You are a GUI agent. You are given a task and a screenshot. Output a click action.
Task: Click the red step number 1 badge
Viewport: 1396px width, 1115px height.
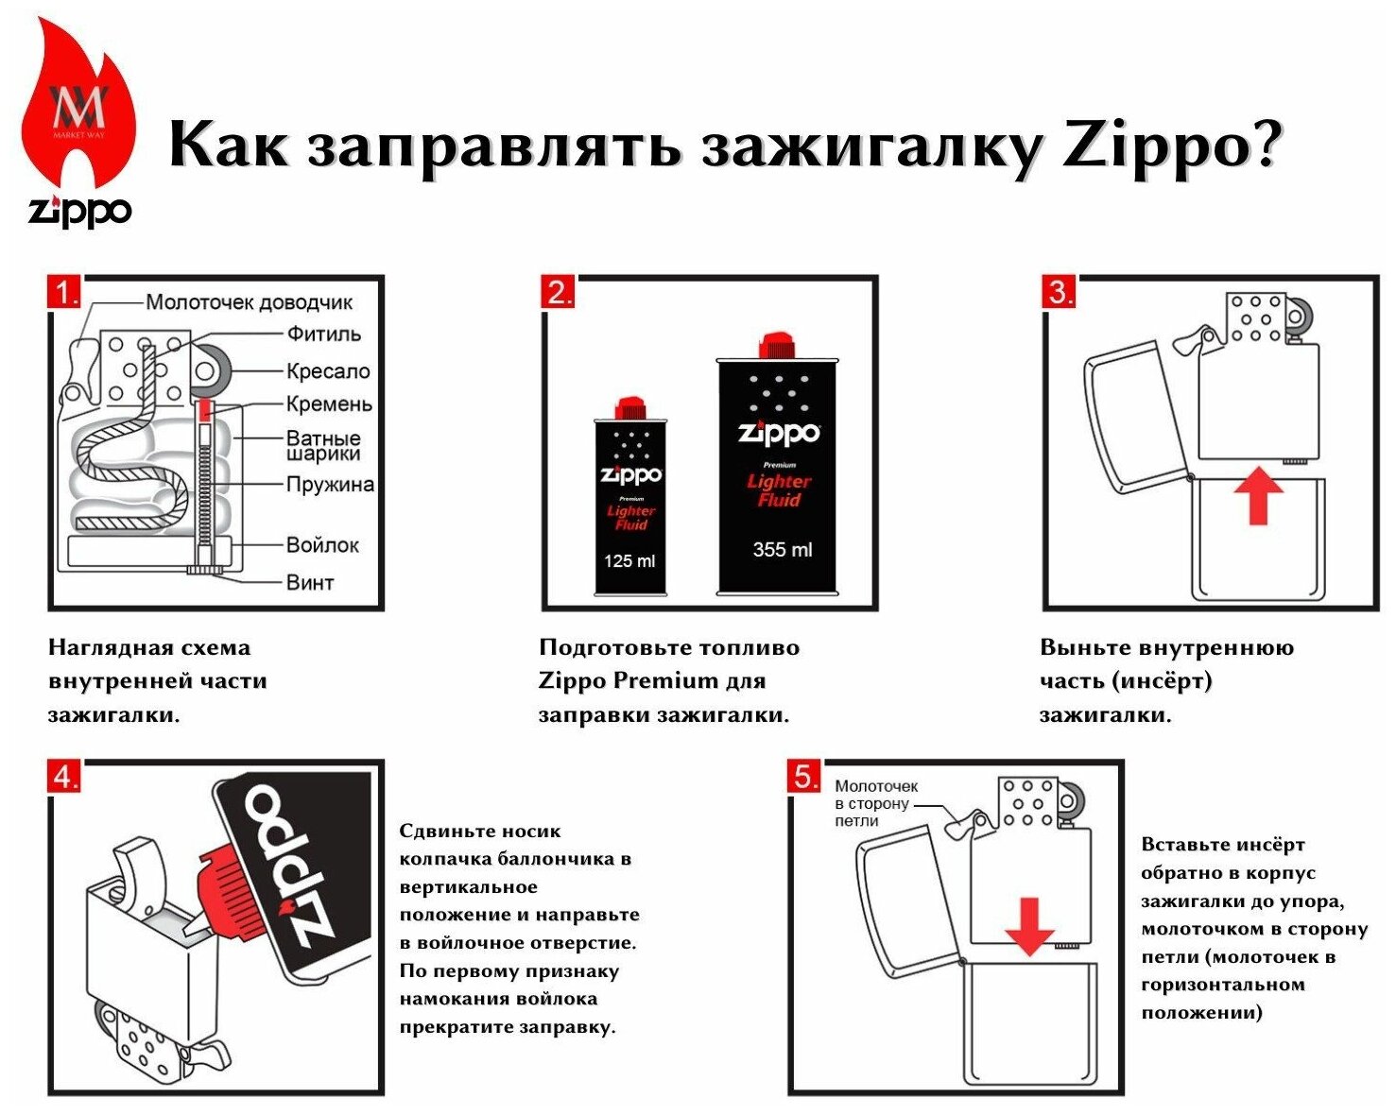(64, 292)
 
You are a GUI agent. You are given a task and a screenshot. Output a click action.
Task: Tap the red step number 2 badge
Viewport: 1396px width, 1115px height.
(559, 292)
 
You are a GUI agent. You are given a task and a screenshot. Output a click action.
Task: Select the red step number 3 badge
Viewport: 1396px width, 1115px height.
(1060, 292)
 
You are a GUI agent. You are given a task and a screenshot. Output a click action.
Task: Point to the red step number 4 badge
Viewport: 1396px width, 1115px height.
(64, 777)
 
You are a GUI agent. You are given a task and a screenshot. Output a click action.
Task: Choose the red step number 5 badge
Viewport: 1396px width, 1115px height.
(804, 777)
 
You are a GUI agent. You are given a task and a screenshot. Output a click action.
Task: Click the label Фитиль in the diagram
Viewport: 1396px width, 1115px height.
(323, 334)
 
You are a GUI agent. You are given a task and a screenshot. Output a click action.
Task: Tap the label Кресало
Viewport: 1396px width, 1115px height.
(328, 371)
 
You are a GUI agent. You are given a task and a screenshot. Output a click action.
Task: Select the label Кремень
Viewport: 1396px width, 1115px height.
(329, 404)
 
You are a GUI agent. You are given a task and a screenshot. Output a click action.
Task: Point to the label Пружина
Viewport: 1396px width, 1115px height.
(330, 485)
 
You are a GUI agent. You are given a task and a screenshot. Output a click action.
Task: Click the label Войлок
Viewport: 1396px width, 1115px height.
(322, 545)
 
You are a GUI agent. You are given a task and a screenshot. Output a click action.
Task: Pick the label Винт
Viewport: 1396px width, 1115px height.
(310, 582)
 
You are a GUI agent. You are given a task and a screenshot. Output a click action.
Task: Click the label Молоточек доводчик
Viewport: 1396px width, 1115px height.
(249, 302)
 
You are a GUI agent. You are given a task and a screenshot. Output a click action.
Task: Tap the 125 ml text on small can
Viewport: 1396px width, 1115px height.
(629, 561)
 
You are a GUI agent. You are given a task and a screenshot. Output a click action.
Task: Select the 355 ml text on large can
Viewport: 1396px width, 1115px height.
(782, 550)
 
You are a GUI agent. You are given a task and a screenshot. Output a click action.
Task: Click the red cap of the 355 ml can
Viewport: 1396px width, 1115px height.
(777, 346)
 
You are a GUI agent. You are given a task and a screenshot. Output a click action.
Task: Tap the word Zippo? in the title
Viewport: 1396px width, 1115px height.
(1172, 146)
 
